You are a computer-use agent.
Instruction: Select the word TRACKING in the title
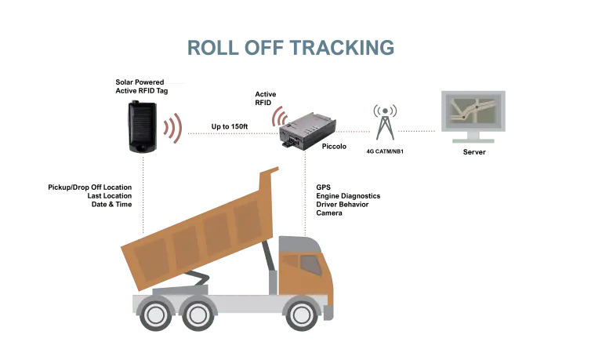343,47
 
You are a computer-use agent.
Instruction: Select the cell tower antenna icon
383,123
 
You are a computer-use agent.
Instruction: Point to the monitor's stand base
473,142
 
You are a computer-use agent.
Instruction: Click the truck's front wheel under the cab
302,314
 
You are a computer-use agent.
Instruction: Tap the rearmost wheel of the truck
157,315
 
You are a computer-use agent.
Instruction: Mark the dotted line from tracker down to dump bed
144,196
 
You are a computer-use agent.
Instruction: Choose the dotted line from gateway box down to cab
304,196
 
